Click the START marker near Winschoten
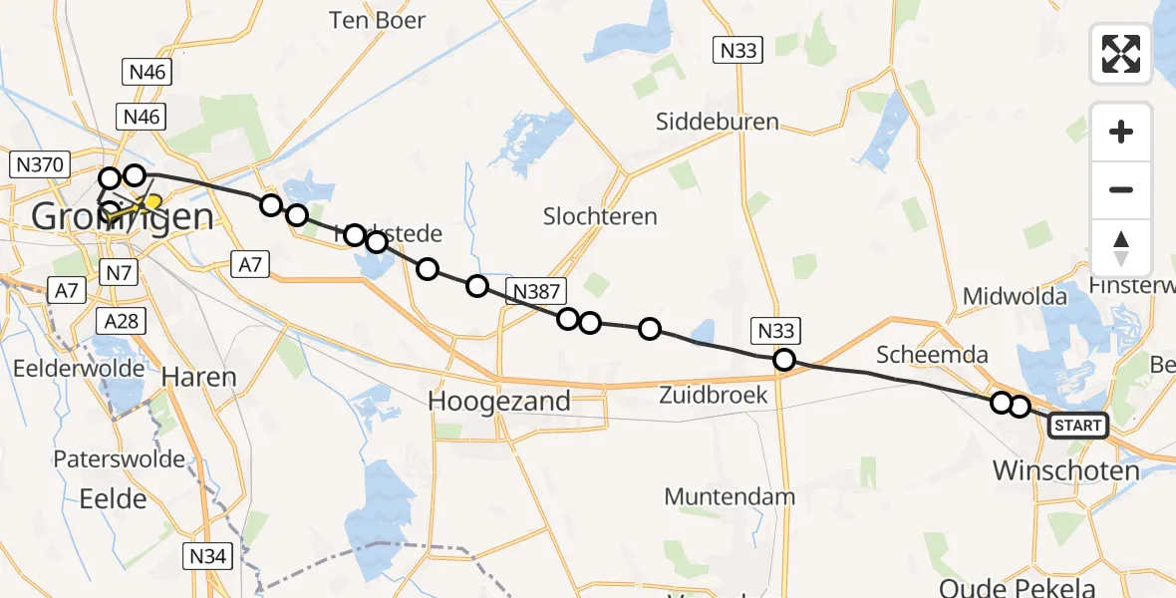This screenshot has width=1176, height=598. (x=1077, y=427)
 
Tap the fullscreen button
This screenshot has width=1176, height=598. (x=1121, y=54)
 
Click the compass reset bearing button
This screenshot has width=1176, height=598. (x=1121, y=249)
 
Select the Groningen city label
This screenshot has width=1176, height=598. (x=122, y=215)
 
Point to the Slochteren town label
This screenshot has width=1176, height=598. (x=600, y=216)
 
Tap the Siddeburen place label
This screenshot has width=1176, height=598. (x=718, y=123)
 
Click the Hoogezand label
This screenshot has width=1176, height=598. (x=499, y=401)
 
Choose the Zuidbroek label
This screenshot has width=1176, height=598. (x=714, y=395)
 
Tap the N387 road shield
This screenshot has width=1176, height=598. (x=536, y=291)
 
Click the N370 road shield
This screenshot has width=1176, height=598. (x=37, y=165)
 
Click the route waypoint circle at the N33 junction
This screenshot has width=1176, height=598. (x=784, y=360)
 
